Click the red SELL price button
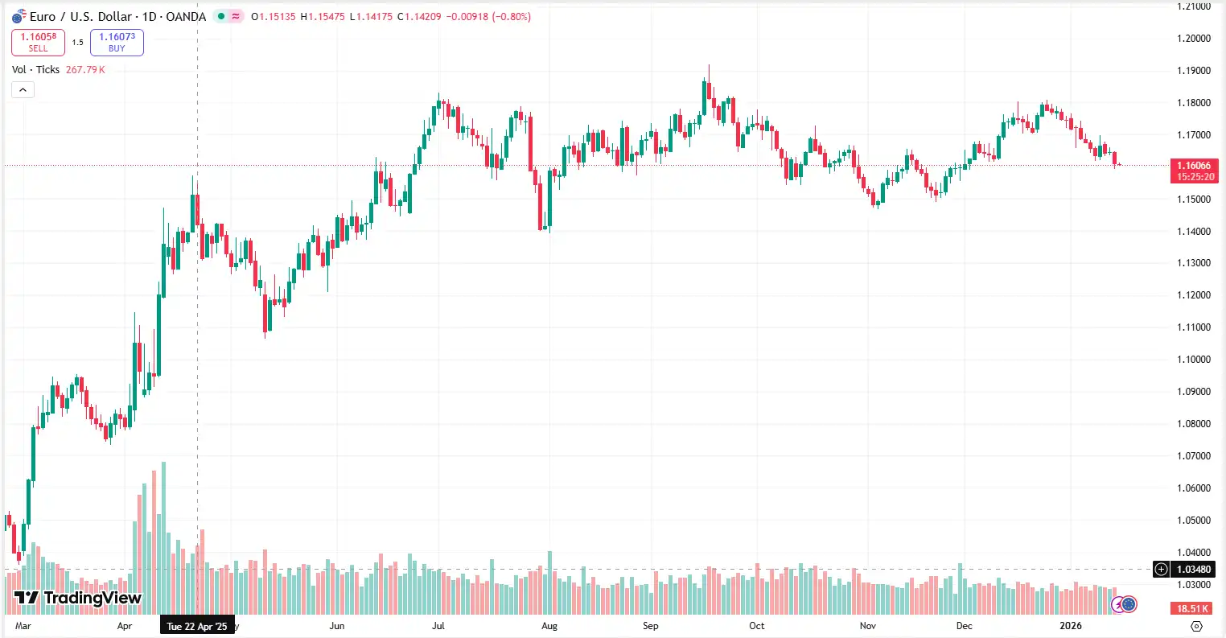coord(38,42)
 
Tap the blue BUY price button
coord(117,42)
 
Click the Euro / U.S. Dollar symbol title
coord(117,16)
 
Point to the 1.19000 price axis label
coord(1194,71)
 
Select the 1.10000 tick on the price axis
coord(1194,360)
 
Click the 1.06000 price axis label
coord(1194,488)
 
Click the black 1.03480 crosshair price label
coord(1193,570)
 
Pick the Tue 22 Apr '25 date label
coord(197,626)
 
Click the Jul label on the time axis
coord(438,626)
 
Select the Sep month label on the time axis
coord(650,626)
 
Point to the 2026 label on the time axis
coord(1071,626)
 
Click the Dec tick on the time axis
coord(964,626)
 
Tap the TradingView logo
coord(78,598)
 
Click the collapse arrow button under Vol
coord(23,89)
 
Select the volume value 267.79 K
coord(85,70)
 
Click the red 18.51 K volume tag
coord(1194,609)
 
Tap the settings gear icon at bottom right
coord(1196,626)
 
